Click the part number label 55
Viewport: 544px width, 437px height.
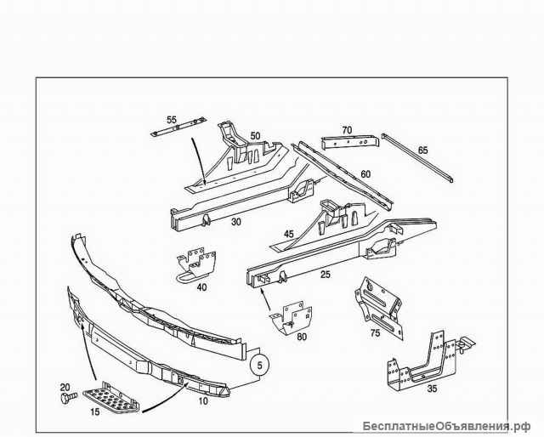click(172, 120)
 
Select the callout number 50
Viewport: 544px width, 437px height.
click(255, 135)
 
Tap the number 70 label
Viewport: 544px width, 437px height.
click(347, 130)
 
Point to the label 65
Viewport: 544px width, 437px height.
click(422, 150)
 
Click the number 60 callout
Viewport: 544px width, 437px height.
click(365, 174)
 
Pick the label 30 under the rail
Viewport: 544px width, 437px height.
click(212, 221)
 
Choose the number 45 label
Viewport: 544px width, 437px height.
click(289, 234)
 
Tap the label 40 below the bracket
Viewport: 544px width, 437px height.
click(201, 287)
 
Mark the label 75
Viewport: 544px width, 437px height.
click(374, 334)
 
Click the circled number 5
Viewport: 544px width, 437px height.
click(260, 366)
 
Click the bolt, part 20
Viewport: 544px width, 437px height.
click(66, 397)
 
